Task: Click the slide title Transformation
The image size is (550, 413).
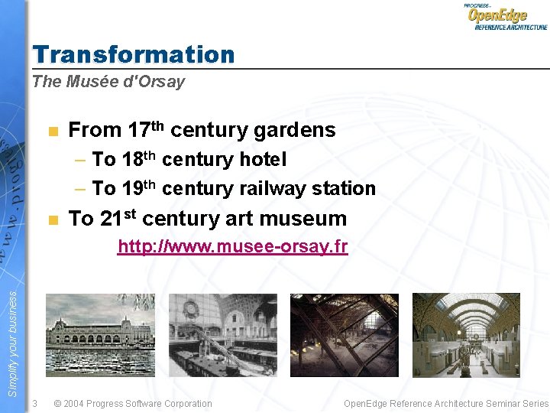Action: (134, 54)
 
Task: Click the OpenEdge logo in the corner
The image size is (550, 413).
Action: (506, 16)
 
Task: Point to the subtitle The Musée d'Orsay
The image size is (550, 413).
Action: (108, 82)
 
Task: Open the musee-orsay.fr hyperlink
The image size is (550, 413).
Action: (232, 246)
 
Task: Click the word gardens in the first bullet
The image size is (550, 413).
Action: (294, 131)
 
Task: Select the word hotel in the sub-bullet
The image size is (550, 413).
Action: (262, 160)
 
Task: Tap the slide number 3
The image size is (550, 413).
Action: (35, 404)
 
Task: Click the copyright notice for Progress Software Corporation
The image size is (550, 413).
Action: (133, 404)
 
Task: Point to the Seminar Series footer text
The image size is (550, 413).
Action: (445, 404)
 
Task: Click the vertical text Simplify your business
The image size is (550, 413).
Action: (12, 337)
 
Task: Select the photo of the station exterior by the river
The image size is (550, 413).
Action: (100, 334)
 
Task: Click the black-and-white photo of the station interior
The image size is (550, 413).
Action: (222, 334)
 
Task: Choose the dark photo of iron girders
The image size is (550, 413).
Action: (345, 334)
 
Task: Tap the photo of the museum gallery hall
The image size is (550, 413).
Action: (466, 334)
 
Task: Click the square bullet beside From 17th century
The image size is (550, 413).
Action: (52, 132)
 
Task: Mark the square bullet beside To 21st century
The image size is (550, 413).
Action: (52, 220)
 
